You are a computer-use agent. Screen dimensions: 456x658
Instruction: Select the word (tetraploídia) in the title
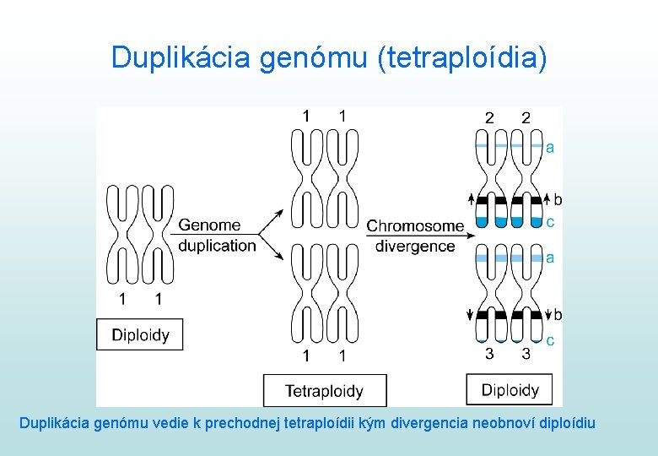(x=462, y=57)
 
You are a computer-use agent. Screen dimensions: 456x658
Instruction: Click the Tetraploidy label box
(x=325, y=391)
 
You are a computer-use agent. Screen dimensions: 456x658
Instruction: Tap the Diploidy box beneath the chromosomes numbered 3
(x=510, y=389)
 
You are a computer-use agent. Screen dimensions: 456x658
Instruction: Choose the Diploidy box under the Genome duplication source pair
(x=140, y=335)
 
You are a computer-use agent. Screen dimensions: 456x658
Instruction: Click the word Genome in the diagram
(x=210, y=225)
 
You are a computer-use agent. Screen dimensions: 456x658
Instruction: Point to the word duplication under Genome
(x=217, y=246)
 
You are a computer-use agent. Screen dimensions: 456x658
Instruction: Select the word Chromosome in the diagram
(x=415, y=225)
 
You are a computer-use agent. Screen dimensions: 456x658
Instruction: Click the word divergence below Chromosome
(x=415, y=246)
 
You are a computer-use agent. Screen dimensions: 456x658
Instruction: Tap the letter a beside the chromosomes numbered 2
(x=550, y=148)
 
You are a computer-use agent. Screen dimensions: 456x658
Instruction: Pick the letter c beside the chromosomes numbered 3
(x=550, y=340)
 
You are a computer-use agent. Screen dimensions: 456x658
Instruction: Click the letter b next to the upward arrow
(x=558, y=200)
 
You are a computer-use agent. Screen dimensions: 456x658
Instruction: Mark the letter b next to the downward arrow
(x=558, y=315)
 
